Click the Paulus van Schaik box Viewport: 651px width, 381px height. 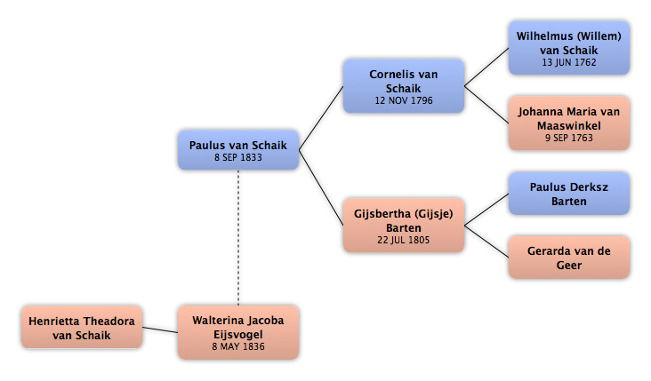(x=238, y=150)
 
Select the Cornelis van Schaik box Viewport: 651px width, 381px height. (x=404, y=86)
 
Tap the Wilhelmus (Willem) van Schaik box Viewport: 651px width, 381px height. (x=569, y=48)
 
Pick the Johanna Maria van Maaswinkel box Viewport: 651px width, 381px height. (x=569, y=123)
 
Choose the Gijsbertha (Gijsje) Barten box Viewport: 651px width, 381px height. (x=404, y=225)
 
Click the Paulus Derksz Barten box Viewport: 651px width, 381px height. (x=569, y=194)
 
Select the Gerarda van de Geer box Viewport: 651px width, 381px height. (x=569, y=258)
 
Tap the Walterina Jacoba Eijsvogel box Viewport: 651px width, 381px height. (x=238, y=332)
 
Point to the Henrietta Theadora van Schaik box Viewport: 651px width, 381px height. (x=82, y=328)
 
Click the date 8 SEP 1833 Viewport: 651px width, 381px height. (x=238, y=157)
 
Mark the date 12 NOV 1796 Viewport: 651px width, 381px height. (x=404, y=100)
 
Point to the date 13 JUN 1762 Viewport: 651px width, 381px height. (x=569, y=62)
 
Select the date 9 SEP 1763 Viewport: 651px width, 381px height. (x=569, y=138)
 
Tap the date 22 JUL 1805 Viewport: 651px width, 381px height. (x=404, y=240)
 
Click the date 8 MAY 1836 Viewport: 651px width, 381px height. (x=238, y=346)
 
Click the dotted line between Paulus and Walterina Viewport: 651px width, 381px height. (x=238, y=237)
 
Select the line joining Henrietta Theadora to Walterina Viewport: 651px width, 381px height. (x=160, y=330)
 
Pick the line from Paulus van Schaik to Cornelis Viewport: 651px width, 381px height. (x=321, y=118)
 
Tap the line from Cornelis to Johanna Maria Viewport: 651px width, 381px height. (x=486, y=105)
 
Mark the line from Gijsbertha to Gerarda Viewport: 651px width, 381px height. (x=486, y=242)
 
